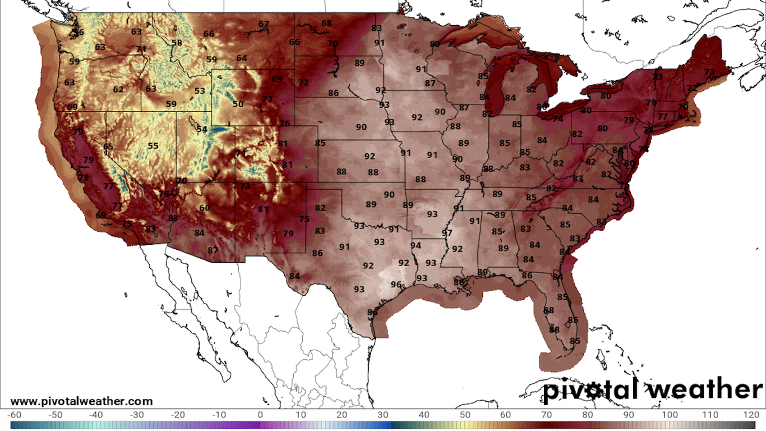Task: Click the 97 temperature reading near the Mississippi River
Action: pos(447,233)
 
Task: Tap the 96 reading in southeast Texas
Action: pos(396,285)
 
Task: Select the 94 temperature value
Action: pos(416,246)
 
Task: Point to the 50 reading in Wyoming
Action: pos(238,104)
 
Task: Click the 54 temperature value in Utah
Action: pos(202,129)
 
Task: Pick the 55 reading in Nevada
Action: pos(153,146)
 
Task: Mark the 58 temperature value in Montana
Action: pos(177,43)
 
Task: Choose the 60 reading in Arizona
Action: pos(205,208)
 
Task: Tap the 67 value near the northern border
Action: pos(264,24)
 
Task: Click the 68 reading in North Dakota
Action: pos(326,24)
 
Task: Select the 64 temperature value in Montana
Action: pos(241,58)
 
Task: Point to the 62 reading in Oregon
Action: pos(118,89)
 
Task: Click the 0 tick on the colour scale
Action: pos(260,415)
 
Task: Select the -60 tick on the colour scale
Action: pos(15,415)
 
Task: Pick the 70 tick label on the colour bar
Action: pos(547,415)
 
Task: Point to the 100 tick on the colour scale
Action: pos(669,415)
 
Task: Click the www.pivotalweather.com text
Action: pos(81,401)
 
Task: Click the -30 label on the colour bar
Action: pos(137,415)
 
